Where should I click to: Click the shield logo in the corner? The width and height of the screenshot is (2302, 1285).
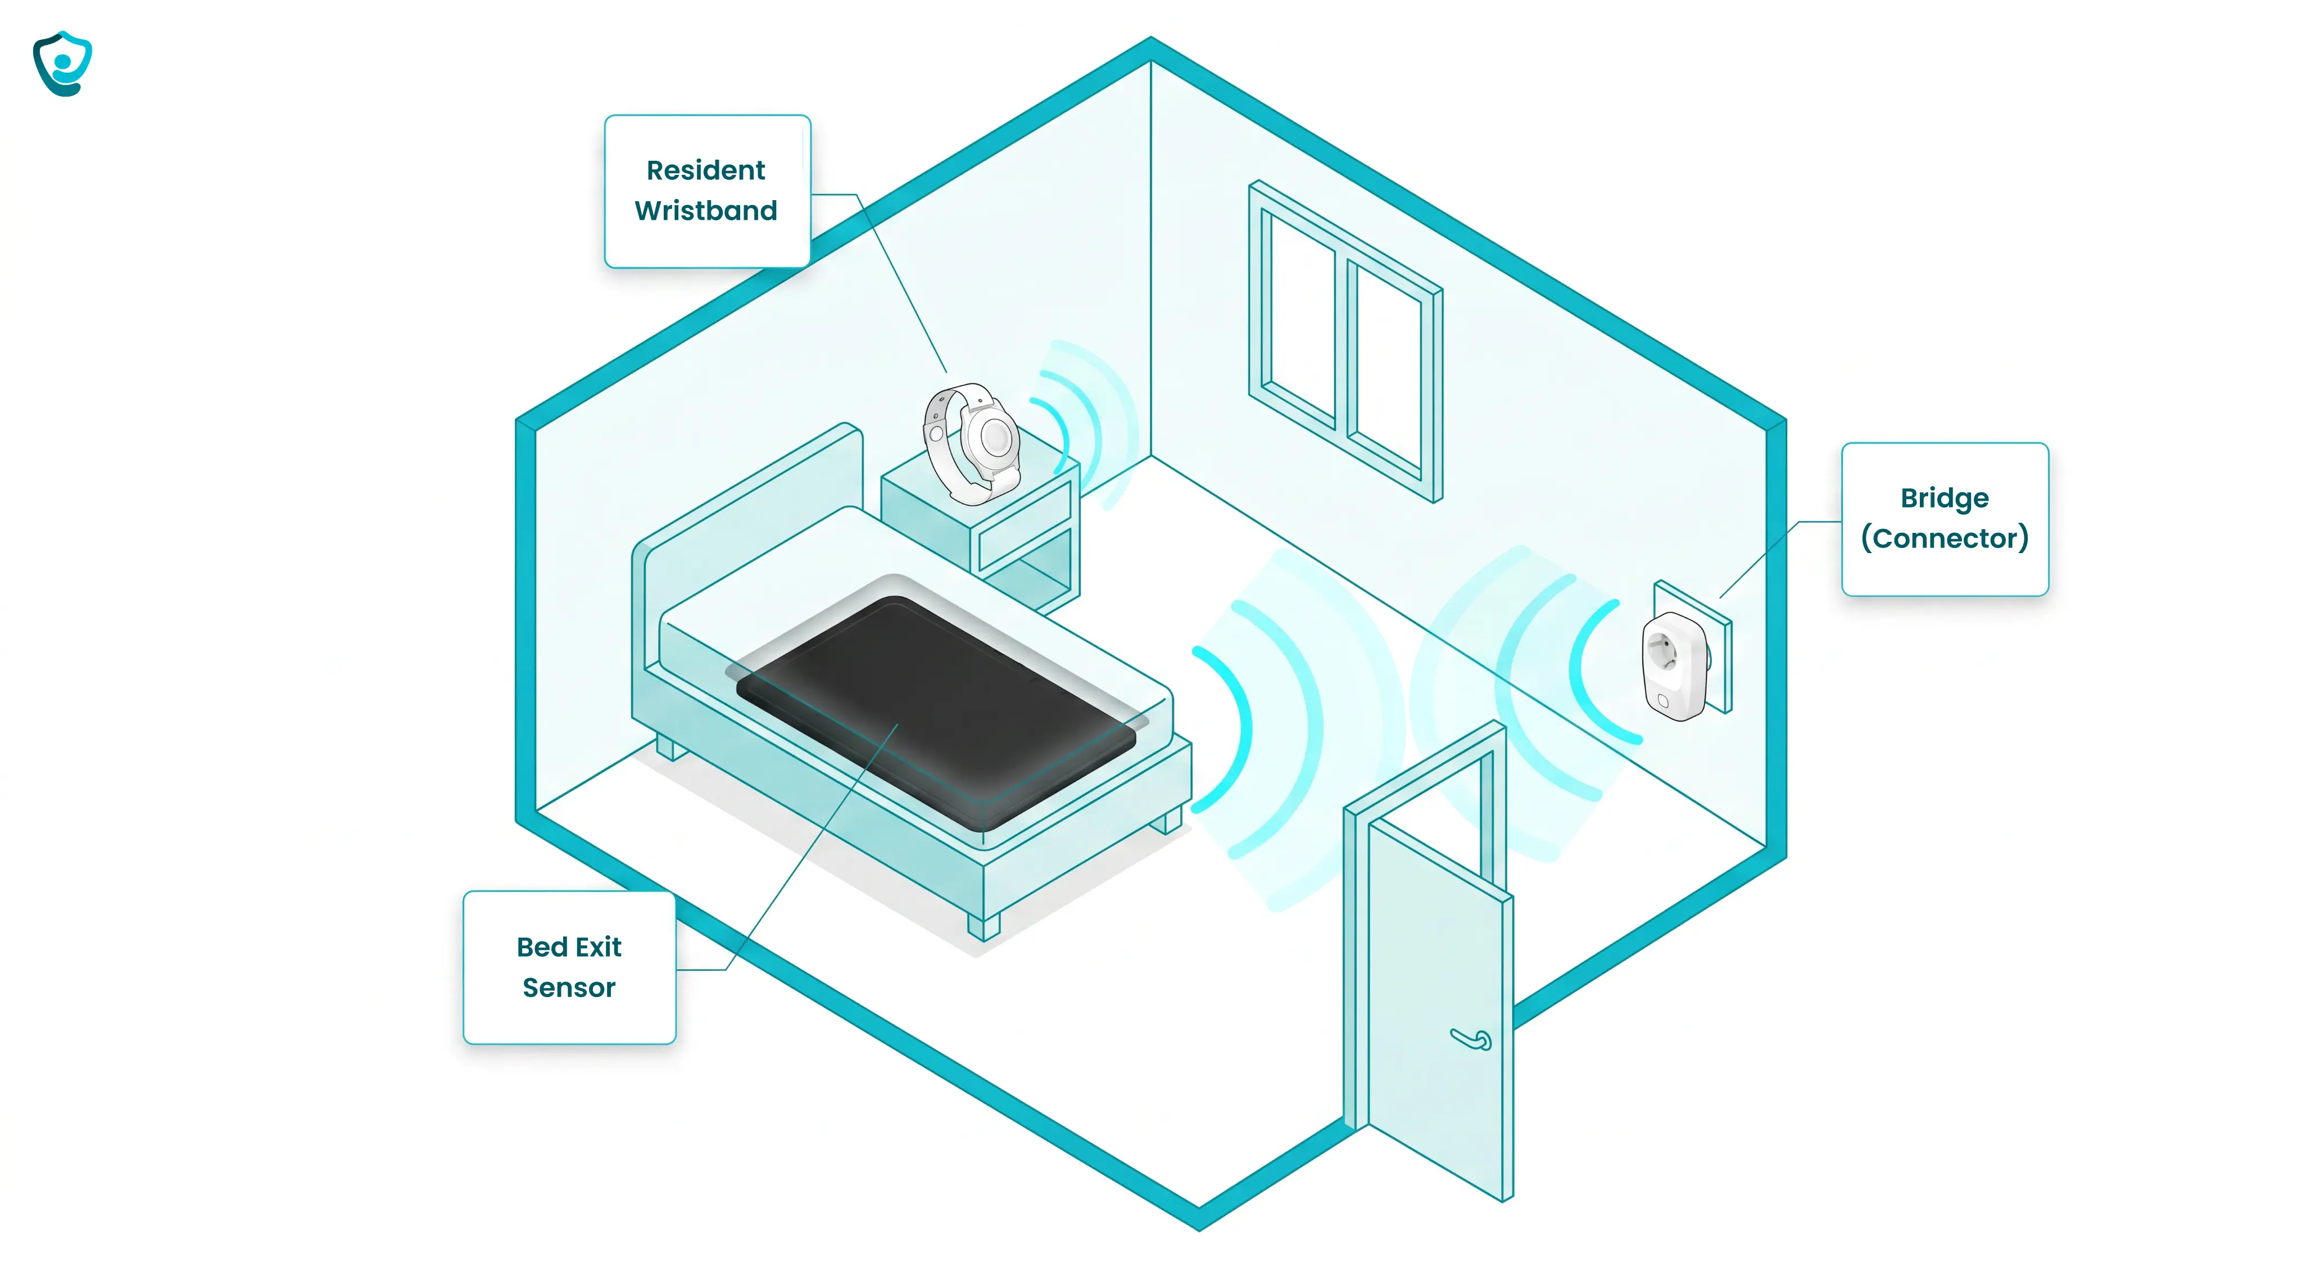pos(62,64)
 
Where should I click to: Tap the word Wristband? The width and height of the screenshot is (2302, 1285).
pos(706,211)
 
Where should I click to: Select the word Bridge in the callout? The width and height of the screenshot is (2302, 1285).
pos(1945,499)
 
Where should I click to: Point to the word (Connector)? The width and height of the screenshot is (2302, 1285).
pos(1945,538)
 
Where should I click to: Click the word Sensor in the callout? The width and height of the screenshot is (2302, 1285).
pos(569,988)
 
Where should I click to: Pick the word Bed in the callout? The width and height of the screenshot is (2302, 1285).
pos(542,947)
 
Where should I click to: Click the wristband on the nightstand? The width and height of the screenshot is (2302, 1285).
pos(972,442)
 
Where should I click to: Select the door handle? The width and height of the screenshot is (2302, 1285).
pos(1471,1039)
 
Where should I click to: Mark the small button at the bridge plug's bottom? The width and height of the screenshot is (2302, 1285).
pos(1663,702)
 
